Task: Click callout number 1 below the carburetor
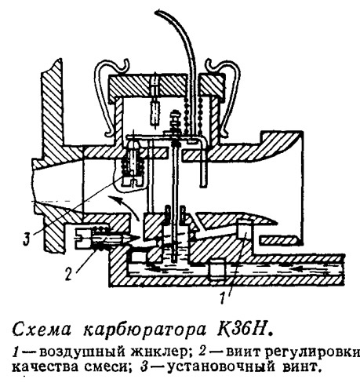[223, 297]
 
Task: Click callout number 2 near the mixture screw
[68, 274]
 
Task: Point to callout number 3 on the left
[26, 239]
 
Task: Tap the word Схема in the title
[42, 330]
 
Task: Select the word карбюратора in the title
[144, 330]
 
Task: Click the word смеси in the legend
[107, 367]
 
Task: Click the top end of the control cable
[158, 11]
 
